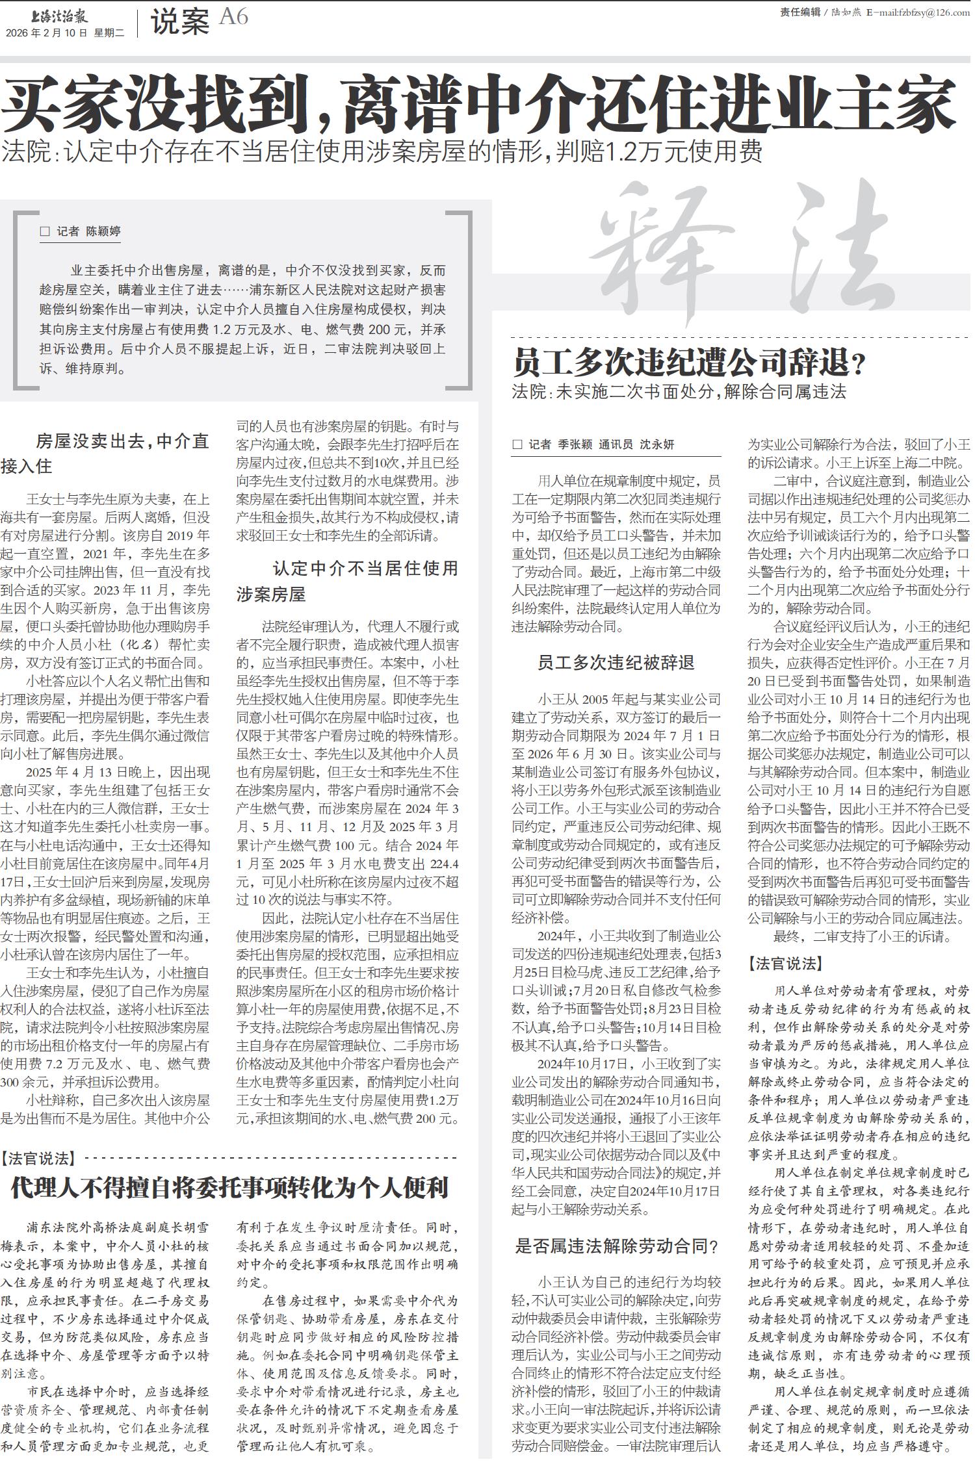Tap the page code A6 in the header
(x=233, y=17)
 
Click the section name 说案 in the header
(x=180, y=22)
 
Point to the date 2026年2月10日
(x=46, y=33)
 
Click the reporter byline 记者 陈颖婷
(x=81, y=231)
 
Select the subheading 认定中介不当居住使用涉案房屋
(x=347, y=581)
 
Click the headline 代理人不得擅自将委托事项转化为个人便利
(x=230, y=1187)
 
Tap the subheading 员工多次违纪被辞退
(x=616, y=663)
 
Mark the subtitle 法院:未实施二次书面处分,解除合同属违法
(x=679, y=392)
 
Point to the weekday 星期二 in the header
(x=109, y=33)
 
